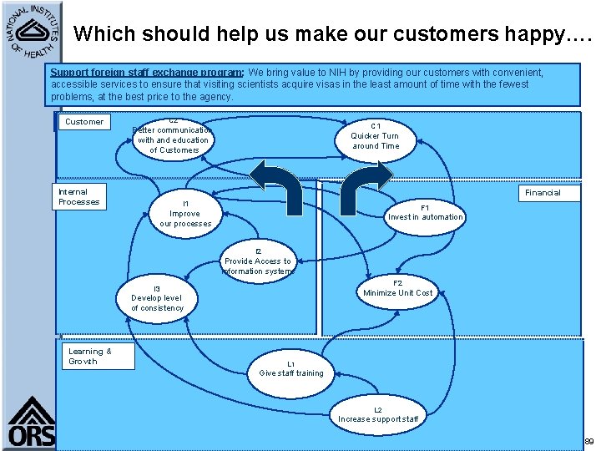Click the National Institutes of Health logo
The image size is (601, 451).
coord(30,31)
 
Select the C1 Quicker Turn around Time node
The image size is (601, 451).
coord(375,136)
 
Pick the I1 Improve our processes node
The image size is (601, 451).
coord(185,214)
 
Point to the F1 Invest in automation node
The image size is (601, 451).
coord(425,212)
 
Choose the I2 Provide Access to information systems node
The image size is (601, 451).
coord(258,261)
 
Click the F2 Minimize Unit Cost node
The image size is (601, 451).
coord(398,288)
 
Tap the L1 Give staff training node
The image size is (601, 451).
coord(290,368)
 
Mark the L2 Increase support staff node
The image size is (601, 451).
coord(377,414)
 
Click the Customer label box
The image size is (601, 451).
coord(84,122)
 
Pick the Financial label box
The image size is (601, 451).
coord(542,193)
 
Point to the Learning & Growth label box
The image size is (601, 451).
coord(90,357)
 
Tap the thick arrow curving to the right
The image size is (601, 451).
coord(364,181)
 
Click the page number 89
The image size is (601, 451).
coord(588,441)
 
